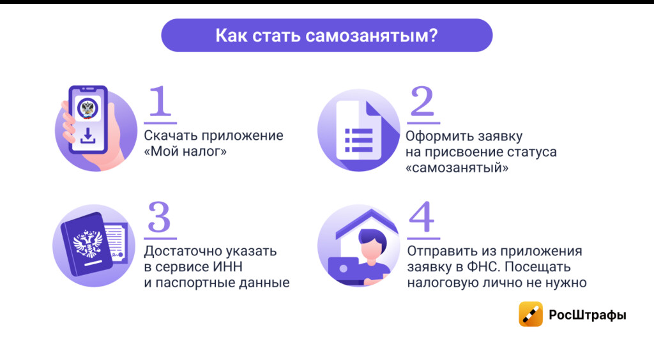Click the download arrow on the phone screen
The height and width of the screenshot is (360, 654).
pos(87,136)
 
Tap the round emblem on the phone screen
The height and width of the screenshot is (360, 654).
pos(87,109)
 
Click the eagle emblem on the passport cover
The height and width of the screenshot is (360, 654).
pos(88,244)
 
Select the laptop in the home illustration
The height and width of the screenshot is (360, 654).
pos(344,270)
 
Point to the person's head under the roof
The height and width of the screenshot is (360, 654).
pos(372,245)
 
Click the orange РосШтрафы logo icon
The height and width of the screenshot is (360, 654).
pos(531,314)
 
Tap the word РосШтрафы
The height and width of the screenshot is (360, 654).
pos(588,315)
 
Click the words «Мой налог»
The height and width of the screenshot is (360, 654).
pos(185,151)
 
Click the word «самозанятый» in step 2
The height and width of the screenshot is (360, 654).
pos(457,167)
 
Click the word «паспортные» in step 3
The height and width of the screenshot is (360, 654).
pos(195,283)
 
